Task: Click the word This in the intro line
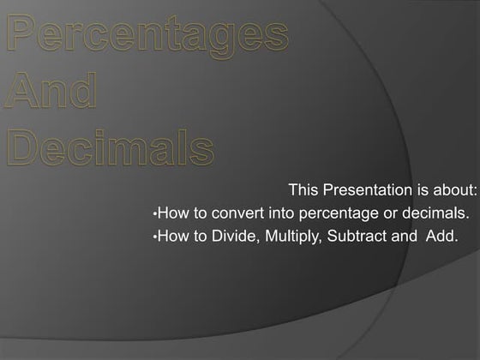[x=303, y=189]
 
